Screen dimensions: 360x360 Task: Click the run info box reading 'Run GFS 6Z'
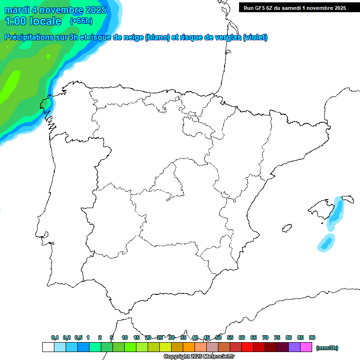coord(294,7)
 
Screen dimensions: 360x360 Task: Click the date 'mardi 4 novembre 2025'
coord(55,10)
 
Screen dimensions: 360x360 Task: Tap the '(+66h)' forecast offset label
coord(81,21)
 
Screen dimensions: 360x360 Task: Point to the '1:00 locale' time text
coord(33,21)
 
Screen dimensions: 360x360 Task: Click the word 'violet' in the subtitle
coord(255,37)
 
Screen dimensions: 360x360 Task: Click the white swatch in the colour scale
coord(48,347)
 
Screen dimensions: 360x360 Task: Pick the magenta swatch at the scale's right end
coord(306,347)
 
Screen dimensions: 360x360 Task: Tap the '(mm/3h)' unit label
coord(327,348)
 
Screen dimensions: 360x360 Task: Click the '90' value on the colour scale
coord(312,337)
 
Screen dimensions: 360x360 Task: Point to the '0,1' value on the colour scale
coord(55,337)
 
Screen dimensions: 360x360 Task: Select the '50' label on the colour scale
coord(218,337)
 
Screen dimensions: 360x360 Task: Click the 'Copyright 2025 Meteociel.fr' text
coord(199,356)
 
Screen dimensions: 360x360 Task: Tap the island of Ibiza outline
coord(287,228)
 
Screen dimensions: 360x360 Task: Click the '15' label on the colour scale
coord(136,337)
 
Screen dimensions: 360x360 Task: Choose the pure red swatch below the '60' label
coord(247,347)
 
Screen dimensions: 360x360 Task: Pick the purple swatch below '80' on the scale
coord(294,347)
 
